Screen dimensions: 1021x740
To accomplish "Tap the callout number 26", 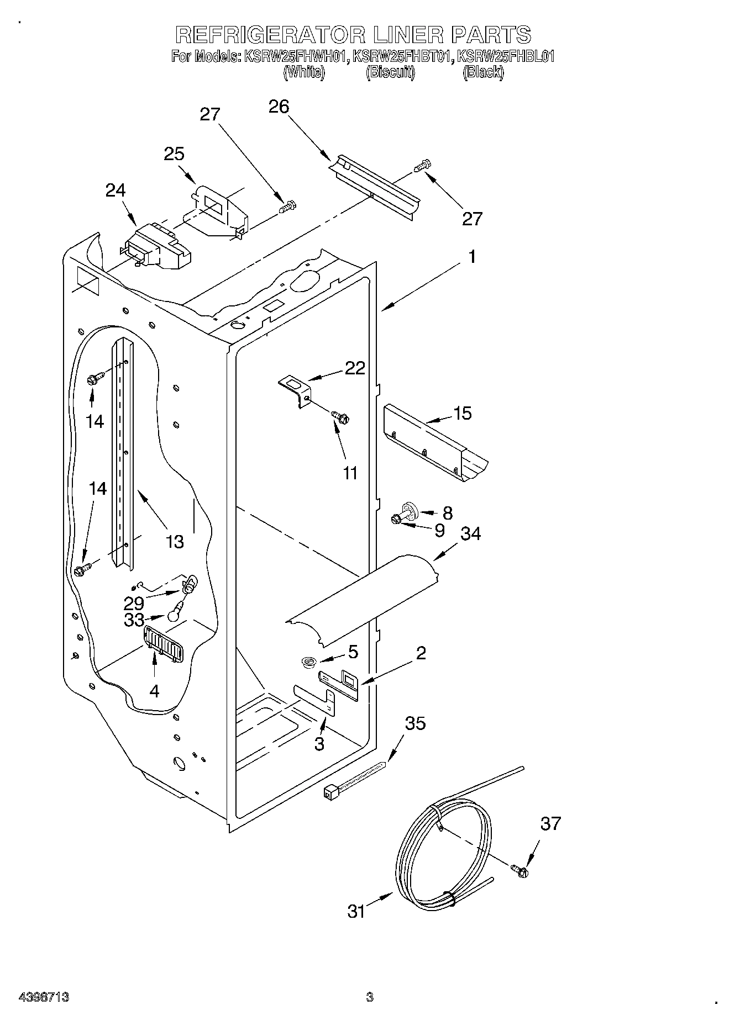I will (279, 107).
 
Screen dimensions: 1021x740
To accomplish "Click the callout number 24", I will (116, 190).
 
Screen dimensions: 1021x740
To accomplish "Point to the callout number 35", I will (416, 723).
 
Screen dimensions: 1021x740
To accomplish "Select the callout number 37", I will (550, 823).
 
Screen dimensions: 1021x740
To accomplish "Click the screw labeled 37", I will (519, 871).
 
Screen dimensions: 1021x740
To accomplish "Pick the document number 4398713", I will (44, 997).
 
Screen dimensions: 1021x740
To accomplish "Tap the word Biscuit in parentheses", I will (390, 72).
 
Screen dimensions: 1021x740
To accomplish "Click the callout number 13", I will (175, 541).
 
